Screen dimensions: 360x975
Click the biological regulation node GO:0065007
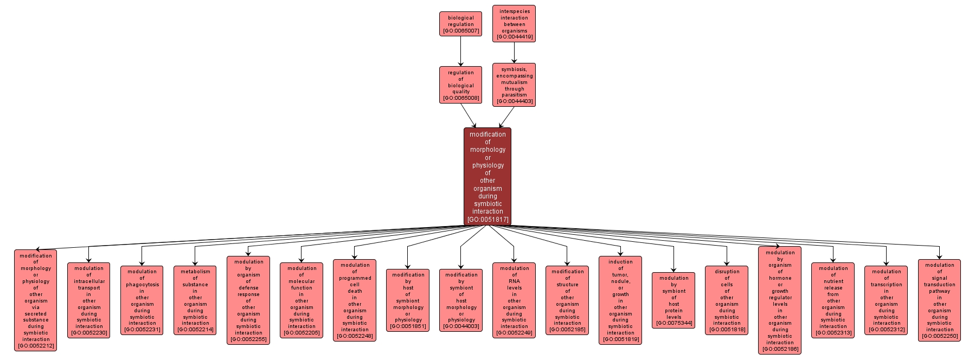[460, 24]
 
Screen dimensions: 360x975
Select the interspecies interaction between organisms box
[514, 24]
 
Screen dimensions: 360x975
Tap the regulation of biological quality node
[460, 85]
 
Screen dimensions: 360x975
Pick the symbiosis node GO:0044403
[514, 85]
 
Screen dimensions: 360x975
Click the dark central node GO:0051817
[487, 177]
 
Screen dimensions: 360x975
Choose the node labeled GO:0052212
[36, 300]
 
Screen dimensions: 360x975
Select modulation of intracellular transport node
[89, 300]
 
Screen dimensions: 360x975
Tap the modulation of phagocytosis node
[142, 300]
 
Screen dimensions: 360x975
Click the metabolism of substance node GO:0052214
[195, 300]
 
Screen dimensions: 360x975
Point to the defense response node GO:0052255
[248, 300]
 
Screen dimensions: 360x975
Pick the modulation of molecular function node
[302, 300]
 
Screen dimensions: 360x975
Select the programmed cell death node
[355, 300]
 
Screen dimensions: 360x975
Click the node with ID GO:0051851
[408, 300]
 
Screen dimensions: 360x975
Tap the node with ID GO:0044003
[461, 300]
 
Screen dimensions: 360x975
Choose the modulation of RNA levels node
[514, 300]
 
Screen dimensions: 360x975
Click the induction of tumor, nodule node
[620, 300]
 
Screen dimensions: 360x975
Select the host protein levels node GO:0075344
[673, 300]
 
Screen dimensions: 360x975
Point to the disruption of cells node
[727, 300]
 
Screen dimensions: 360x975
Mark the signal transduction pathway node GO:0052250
[939, 300]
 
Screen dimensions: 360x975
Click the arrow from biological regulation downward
[460, 52]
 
